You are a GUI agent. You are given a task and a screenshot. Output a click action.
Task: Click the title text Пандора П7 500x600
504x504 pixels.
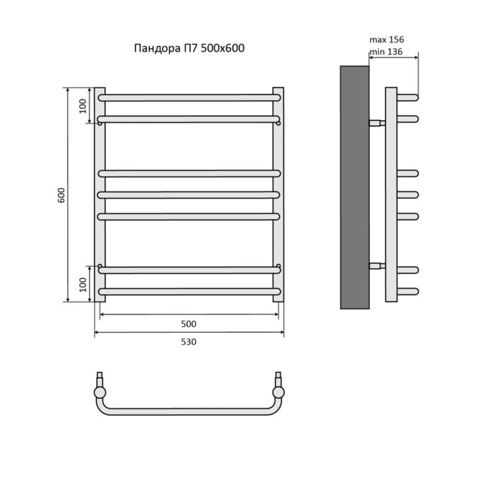(189, 48)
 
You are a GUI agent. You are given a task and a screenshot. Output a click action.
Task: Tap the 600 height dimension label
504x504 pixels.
(61, 195)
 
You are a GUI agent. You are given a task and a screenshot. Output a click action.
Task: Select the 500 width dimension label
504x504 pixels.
(189, 324)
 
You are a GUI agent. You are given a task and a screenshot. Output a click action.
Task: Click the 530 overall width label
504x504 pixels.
(189, 342)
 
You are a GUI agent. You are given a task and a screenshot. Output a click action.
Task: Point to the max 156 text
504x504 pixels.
(387, 40)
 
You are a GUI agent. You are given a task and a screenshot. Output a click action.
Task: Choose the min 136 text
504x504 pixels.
(386, 52)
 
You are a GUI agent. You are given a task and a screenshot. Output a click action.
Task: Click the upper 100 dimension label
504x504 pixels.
(83, 106)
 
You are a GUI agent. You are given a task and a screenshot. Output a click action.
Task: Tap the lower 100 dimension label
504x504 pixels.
(83, 284)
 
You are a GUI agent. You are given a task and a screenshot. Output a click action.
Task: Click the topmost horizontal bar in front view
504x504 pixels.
(189, 98)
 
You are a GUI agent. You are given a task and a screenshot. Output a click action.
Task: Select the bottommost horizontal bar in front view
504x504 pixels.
(189, 292)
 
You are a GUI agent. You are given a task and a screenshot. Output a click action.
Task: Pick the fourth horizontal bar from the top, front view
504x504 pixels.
(189, 195)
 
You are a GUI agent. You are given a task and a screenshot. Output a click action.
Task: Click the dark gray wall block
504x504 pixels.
(354, 187)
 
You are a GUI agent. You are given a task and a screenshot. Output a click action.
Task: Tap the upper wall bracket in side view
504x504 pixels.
(377, 123)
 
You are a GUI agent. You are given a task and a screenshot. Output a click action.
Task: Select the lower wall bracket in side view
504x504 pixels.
(377, 266)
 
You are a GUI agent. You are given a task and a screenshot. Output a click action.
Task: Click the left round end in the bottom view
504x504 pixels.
(100, 393)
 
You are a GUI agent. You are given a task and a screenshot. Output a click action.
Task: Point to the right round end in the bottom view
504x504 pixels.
(279, 393)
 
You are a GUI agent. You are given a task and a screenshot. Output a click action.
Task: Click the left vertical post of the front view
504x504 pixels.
(100, 195)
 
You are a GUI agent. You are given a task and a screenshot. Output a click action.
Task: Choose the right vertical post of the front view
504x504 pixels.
(279, 195)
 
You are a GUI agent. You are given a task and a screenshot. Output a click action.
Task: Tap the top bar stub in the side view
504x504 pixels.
(407, 98)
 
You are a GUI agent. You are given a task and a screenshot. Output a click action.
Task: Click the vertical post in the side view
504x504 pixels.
(391, 195)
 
